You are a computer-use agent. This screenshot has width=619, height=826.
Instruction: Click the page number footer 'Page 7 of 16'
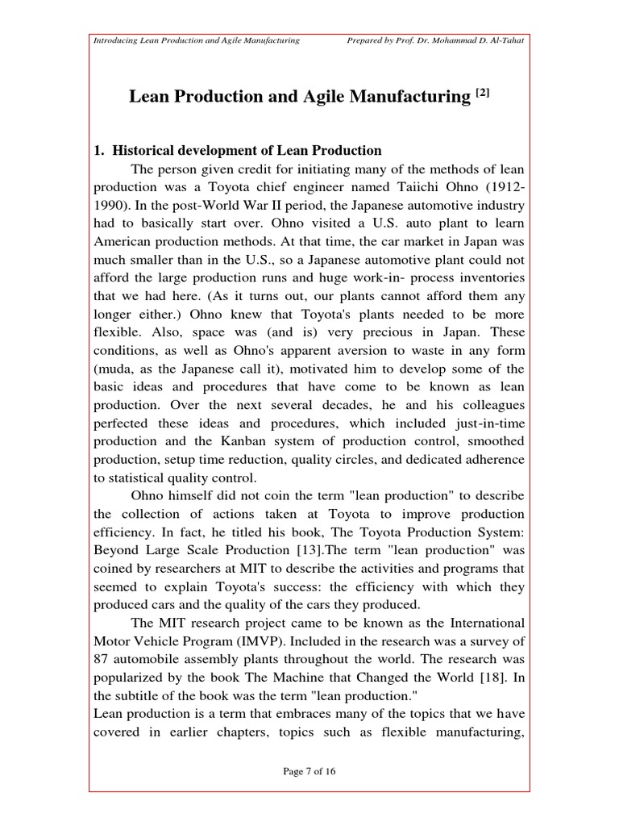pos(309,771)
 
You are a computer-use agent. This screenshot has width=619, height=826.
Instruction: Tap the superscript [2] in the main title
pos(482,94)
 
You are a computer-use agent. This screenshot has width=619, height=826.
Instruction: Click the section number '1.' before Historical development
pos(100,150)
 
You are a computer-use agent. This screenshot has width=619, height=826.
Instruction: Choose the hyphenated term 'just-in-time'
pos(489,423)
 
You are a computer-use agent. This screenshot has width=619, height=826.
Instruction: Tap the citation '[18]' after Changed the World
pos(474,677)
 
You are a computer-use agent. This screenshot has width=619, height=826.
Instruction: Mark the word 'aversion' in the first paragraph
pos(383,350)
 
